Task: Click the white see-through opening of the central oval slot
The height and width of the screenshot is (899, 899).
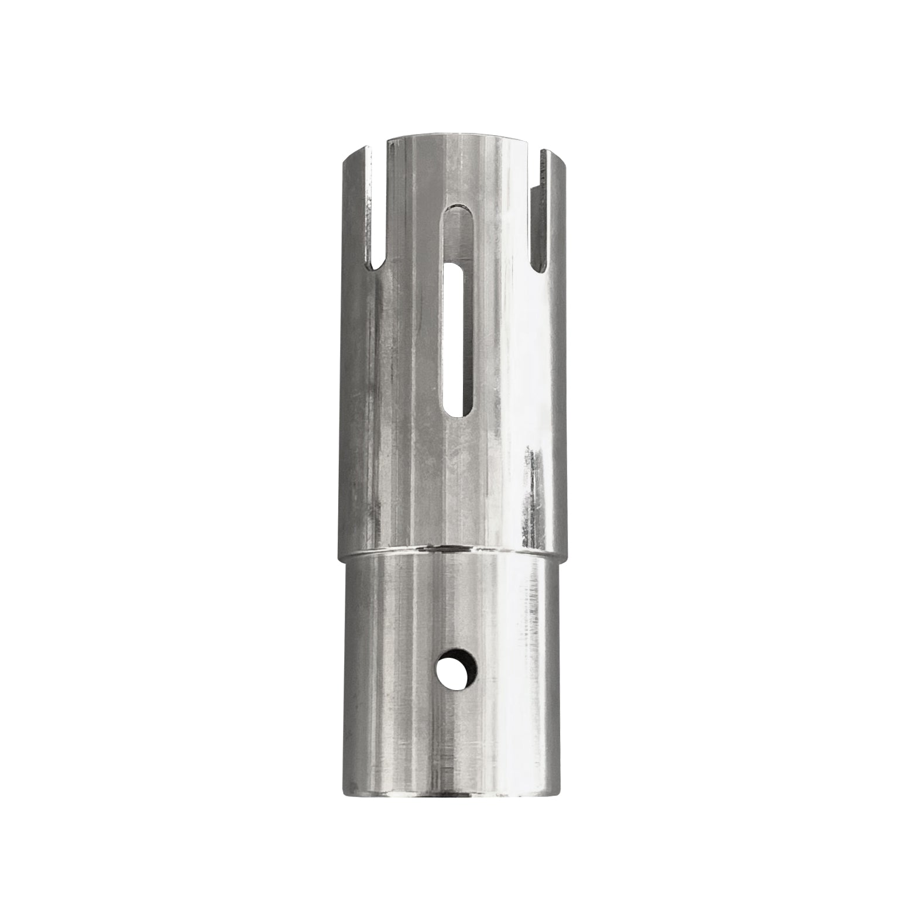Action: (457, 339)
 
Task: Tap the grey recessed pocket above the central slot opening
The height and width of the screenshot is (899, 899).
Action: (457, 234)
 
